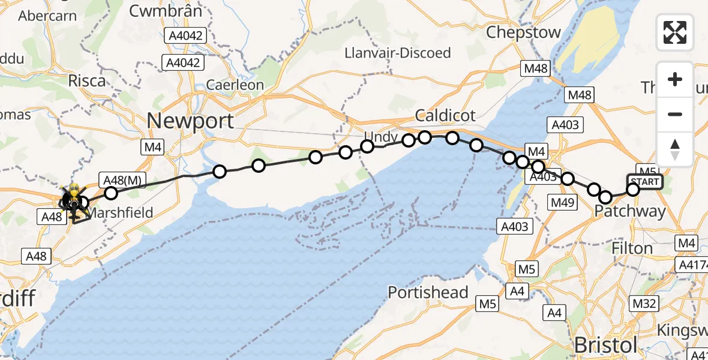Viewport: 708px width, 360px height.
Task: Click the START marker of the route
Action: [x=645, y=181]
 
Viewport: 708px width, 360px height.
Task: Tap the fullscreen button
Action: [x=675, y=32]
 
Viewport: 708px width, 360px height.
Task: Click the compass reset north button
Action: [x=675, y=149]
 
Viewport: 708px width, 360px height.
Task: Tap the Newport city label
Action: [x=190, y=121]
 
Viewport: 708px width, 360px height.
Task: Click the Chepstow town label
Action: [x=523, y=32]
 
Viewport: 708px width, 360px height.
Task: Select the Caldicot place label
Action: [x=446, y=115]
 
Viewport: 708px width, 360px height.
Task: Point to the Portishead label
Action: [x=428, y=293]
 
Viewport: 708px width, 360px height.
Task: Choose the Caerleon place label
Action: [x=235, y=85]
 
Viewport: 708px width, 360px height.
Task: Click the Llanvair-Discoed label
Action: [x=398, y=53]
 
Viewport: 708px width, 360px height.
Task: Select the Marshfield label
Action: [x=121, y=212]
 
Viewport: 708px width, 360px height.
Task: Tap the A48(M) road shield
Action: [x=122, y=180]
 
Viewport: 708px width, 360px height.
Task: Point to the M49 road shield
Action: [x=562, y=204]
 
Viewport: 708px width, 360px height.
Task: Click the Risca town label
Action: [x=87, y=80]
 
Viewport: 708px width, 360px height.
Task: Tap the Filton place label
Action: [x=632, y=248]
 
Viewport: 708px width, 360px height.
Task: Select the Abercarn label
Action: [x=47, y=16]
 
